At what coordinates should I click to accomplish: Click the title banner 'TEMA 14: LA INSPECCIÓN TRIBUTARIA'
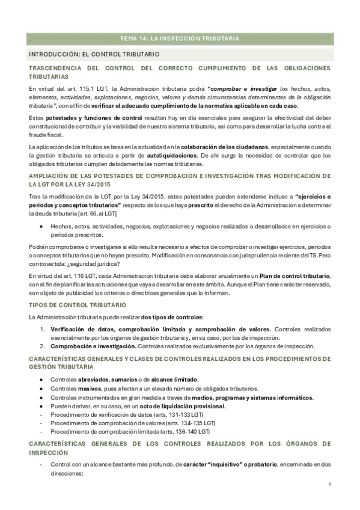tap(180, 38)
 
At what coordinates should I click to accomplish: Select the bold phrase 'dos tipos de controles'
tap(170, 317)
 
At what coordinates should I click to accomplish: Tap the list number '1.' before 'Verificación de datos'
tap(43, 330)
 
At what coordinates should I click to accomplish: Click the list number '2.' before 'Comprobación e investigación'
tap(43, 346)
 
